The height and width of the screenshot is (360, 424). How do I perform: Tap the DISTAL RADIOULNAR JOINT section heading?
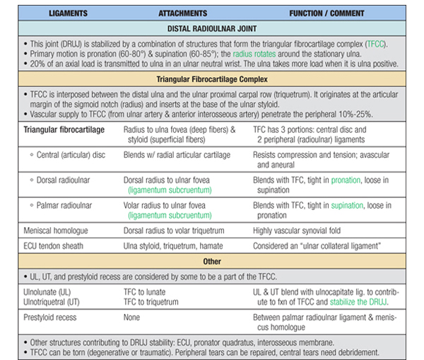211,30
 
